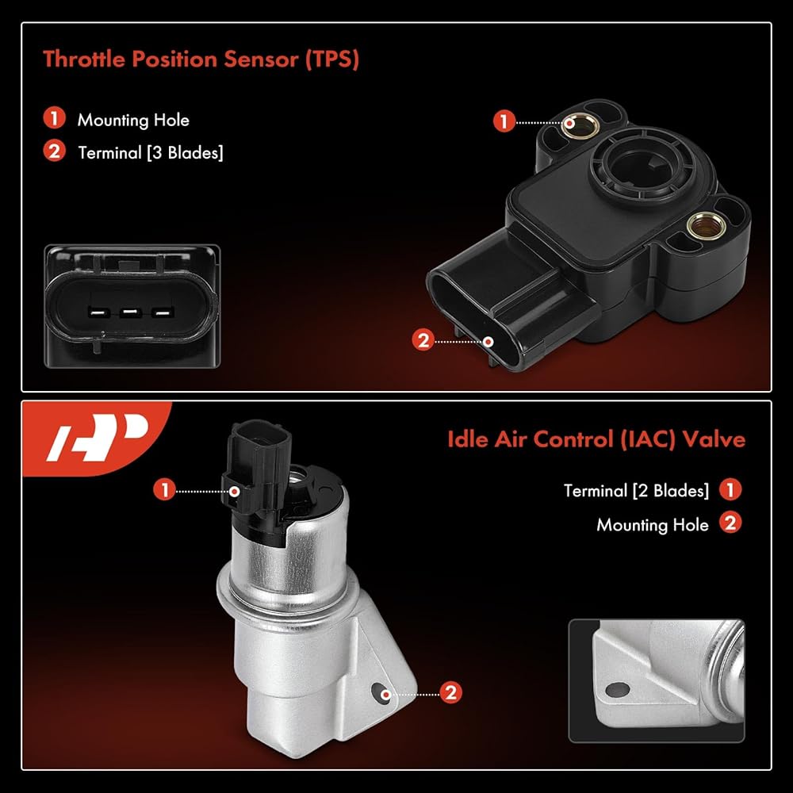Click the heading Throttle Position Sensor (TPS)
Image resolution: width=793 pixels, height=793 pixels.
201,59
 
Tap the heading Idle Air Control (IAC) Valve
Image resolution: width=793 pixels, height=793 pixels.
596,439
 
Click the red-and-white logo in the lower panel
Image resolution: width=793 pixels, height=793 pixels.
97,438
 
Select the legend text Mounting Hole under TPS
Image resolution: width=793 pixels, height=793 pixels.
133,120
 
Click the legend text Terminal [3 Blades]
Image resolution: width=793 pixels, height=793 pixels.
150,153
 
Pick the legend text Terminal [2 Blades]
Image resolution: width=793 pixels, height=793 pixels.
636,491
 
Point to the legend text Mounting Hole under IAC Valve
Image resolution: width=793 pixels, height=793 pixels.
653,524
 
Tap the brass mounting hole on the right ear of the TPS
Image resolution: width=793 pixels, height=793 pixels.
706,225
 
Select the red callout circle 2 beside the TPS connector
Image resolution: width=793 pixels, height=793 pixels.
423,340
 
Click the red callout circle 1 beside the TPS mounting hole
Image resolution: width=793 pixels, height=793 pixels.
504,121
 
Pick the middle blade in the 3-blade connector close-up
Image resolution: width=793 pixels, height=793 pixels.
131,312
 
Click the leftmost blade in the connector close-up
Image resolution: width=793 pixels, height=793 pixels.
99,312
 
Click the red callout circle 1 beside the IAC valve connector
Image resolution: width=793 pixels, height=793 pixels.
164,490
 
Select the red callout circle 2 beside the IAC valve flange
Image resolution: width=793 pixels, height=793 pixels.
450,692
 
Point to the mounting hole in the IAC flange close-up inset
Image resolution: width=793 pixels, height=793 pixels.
618,689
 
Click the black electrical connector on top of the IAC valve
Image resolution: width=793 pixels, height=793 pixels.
255,468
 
